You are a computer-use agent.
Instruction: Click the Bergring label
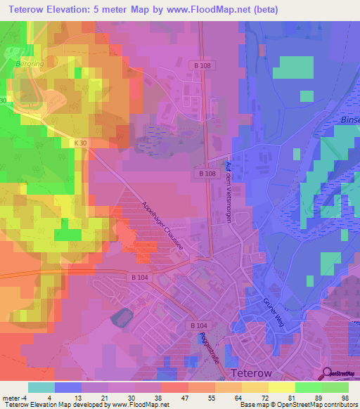(27, 63)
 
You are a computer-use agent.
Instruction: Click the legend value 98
(344, 397)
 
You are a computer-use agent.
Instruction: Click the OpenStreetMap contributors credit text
(314, 405)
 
